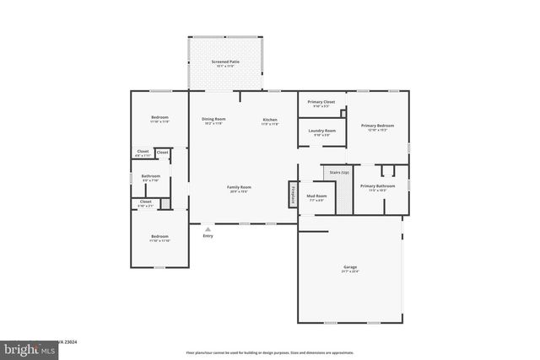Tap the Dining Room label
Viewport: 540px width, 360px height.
[x=213, y=119]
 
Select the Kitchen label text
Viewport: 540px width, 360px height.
[x=270, y=120]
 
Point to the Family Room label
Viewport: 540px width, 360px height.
[x=239, y=186]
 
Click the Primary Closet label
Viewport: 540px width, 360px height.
[x=321, y=102]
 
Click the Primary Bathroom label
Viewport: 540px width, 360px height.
[x=377, y=185]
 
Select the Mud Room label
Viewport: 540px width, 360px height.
[x=317, y=196]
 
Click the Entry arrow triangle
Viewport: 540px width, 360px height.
[x=208, y=228]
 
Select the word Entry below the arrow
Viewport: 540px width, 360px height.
[x=208, y=235]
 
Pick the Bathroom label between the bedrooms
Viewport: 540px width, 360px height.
[x=151, y=175]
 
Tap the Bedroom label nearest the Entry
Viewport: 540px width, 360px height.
[x=159, y=236]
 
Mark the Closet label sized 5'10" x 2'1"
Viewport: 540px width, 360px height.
[x=145, y=202]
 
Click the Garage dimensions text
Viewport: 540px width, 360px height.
[x=349, y=271]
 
